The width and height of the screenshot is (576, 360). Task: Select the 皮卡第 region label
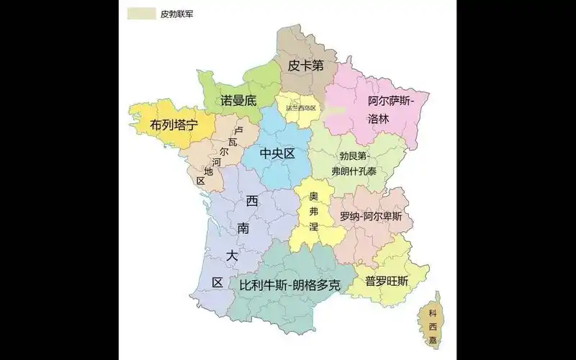coord(305,66)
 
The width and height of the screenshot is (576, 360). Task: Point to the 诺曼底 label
coord(238,101)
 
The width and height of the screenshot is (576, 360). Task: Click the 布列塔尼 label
coord(174,125)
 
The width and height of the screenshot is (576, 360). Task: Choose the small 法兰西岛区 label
coord(301,108)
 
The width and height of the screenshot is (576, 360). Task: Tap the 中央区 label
coord(278,153)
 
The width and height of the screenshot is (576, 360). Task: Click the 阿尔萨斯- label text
coord(394,102)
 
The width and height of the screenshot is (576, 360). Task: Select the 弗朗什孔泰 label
coord(354,171)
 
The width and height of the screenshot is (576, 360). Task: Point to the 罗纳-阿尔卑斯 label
coord(371,216)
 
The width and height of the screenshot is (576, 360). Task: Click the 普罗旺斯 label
coord(387,280)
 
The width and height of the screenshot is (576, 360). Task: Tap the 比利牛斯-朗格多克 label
coord(289,285)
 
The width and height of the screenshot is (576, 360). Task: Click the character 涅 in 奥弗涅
coord(313,228)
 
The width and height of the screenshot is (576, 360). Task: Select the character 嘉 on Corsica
coord(432,336)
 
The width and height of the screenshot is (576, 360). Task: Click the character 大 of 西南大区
coord(231,256)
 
